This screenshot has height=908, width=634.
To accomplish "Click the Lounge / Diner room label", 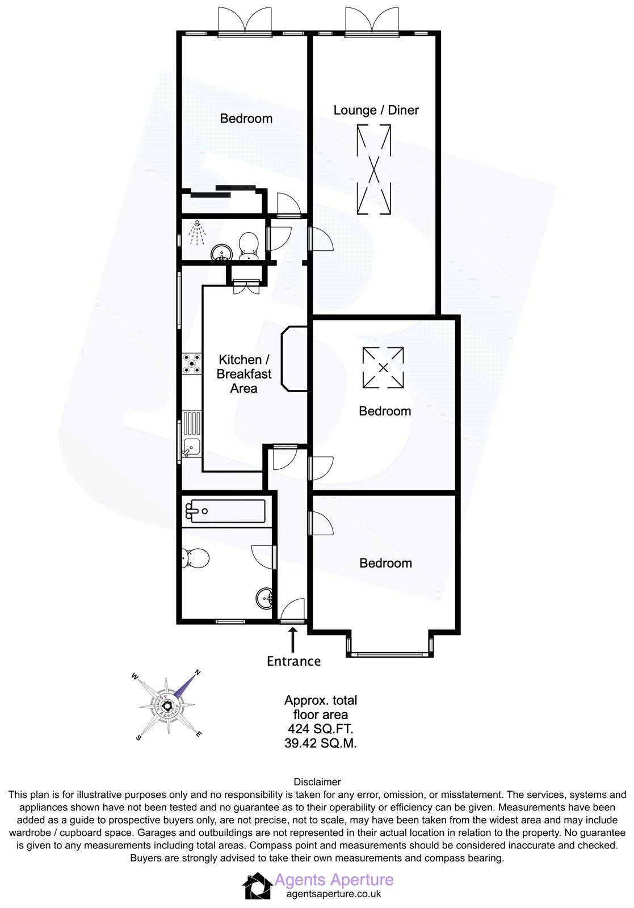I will (376, 110).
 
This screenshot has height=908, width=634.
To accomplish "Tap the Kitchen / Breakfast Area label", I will (244, 374).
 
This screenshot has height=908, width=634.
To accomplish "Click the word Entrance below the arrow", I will (293, 661).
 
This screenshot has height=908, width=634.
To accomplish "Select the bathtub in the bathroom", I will (225, 511).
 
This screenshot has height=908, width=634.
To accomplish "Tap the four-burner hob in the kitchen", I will (192, 363).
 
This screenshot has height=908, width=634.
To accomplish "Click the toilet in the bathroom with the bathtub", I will (195, 559).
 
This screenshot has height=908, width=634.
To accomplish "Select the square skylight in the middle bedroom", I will (383, 368).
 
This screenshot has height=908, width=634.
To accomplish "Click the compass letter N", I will (198, 672).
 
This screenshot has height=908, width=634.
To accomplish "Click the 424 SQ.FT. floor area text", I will (321, 729).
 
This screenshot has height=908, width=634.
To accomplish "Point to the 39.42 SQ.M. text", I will (321, 743).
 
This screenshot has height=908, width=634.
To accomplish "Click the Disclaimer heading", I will (317, 782).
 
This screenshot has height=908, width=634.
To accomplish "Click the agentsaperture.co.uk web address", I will (334, 894).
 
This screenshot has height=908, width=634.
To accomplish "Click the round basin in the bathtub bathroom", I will (264, 598).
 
